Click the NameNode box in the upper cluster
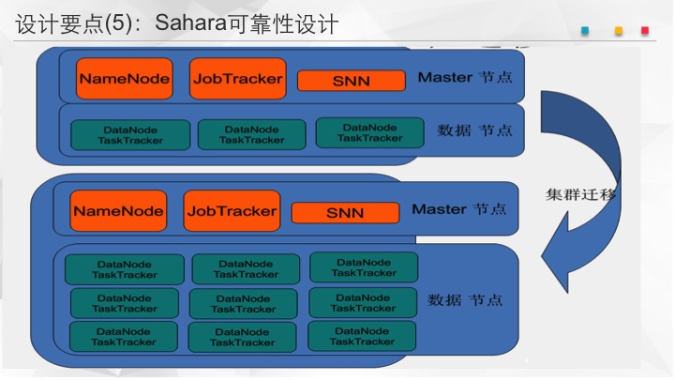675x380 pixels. tap(125, 79)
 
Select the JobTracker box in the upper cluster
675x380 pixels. tap(237, 79)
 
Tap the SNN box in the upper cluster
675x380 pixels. tap(352, 81)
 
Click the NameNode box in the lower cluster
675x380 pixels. tap(118, 211)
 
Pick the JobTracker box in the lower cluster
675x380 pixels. tap(232, 211)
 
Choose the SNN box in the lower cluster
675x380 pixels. tap(345, 213)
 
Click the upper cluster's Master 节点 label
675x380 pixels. tap(465, 78)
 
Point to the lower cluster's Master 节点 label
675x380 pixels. tap(458, 209)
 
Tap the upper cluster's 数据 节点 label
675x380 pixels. tap(474, 130)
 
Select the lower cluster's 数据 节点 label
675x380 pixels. tap(465, 300)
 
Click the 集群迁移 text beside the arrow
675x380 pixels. tap(580, 195)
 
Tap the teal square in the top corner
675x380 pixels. tap(585, 31)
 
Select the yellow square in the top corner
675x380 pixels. tap(619, 31)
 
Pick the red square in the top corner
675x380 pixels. tap(645, 31)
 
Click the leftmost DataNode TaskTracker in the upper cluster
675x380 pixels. tap(130, 135)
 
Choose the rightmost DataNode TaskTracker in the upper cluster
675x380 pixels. tap(369, 132)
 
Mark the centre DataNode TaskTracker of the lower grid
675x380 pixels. tap(243, 304)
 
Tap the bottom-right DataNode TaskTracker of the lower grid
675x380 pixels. tap(362, 336)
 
